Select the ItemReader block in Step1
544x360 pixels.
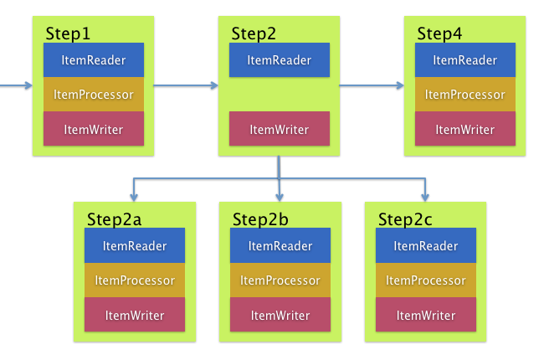[94, 60]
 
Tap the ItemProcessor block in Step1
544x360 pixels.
[94, 95]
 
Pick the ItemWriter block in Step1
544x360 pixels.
[94, 129]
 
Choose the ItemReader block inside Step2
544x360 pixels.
[280, 60]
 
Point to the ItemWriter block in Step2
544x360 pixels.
[280, 129]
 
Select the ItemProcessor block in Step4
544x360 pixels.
[465, 95]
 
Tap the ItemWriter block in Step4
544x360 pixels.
[465, 129]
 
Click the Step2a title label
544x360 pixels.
[114, 219]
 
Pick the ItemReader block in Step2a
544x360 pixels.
[135, 246]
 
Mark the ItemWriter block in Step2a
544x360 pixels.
[135, 315]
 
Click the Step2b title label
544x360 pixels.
[259, 219]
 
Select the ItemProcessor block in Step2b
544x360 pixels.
[280, 280]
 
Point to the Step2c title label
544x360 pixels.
[405, 219]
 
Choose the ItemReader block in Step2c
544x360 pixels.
[426, 246]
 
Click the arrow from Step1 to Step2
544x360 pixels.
[186, 85]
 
